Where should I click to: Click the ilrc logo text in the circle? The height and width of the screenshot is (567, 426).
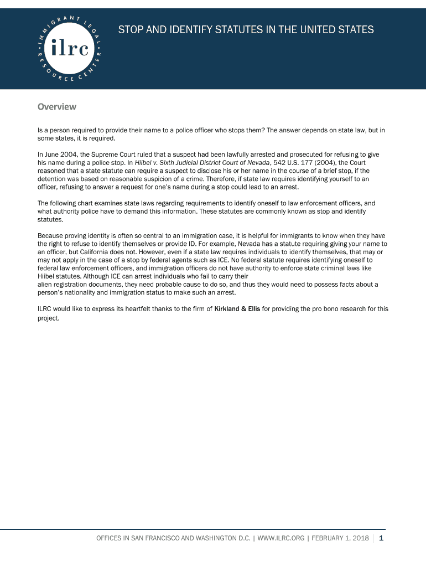(x=69, y=49)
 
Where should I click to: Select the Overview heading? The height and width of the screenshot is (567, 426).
(x=56, y=106)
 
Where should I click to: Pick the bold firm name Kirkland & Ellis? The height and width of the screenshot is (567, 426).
(x=237, y=309)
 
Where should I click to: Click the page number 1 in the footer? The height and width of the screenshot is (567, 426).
(x=381, y=538)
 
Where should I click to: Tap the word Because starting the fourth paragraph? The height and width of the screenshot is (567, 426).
(x=50, y=236)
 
